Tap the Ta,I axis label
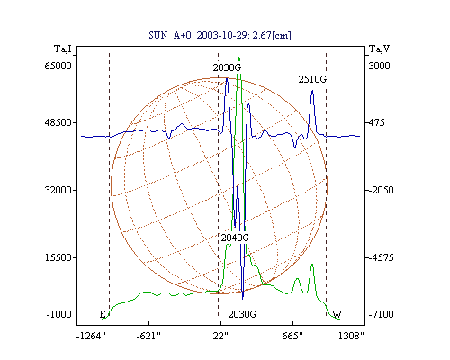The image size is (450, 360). (63, 49)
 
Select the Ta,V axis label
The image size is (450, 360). (379, 49)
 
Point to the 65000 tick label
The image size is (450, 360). (58, 66)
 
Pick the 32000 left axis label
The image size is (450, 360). (58, 190)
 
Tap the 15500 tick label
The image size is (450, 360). (58, 257)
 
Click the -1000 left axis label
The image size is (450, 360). (59, 314)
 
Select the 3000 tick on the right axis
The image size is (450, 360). (379, 66)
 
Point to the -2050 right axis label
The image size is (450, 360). (381, 190)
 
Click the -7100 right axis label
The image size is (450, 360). (381, 314)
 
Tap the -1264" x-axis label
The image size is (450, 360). (91, 336)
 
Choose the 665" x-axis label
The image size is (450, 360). (292, 336)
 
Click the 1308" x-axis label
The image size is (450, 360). (351, 336)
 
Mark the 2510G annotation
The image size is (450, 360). (312, 79)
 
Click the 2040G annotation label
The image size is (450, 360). (235, 238)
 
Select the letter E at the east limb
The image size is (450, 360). (103, 314)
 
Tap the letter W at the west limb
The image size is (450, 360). (337, 314)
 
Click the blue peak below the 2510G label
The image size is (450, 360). (312, 91)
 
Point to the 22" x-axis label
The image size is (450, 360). (220, 336)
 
